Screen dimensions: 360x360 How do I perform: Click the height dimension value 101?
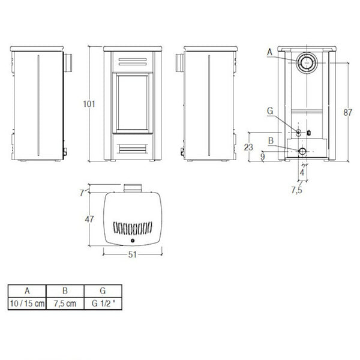pos(89,103)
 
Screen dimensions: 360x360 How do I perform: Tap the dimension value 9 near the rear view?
pos(263,157)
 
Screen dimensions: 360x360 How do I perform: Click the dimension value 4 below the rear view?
pos(302,173)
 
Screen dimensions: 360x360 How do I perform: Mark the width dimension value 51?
pos(133,254)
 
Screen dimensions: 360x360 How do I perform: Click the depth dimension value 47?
pos(88,220)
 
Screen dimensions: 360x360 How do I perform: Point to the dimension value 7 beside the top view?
pos(82,193)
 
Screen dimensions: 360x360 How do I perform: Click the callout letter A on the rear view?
pos(271,53)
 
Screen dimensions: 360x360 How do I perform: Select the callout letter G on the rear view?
pos(271,111)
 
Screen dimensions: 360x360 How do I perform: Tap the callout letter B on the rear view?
pos(271,141)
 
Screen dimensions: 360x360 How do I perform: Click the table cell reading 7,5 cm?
pos(66,304)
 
